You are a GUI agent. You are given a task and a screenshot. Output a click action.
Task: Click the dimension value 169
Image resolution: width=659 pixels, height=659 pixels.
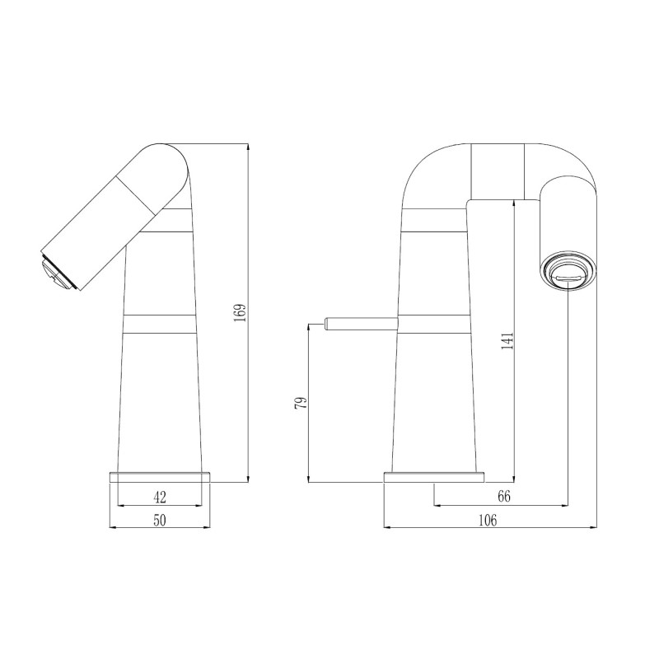click(240, 313)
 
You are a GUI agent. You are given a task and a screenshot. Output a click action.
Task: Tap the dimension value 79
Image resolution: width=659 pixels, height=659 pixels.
click(301, 402)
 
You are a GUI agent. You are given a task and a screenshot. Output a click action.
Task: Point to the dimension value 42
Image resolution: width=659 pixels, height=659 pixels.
click(160, 497)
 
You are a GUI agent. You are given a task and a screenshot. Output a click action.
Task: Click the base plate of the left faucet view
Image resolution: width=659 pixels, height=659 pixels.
click(160, 477)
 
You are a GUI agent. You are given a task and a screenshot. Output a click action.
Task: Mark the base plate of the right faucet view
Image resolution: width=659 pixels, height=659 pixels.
click(434, 477)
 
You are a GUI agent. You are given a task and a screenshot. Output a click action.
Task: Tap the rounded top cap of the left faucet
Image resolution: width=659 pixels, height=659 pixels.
click(169, 161)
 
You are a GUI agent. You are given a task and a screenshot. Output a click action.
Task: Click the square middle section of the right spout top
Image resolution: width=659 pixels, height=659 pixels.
click(497, 171)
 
